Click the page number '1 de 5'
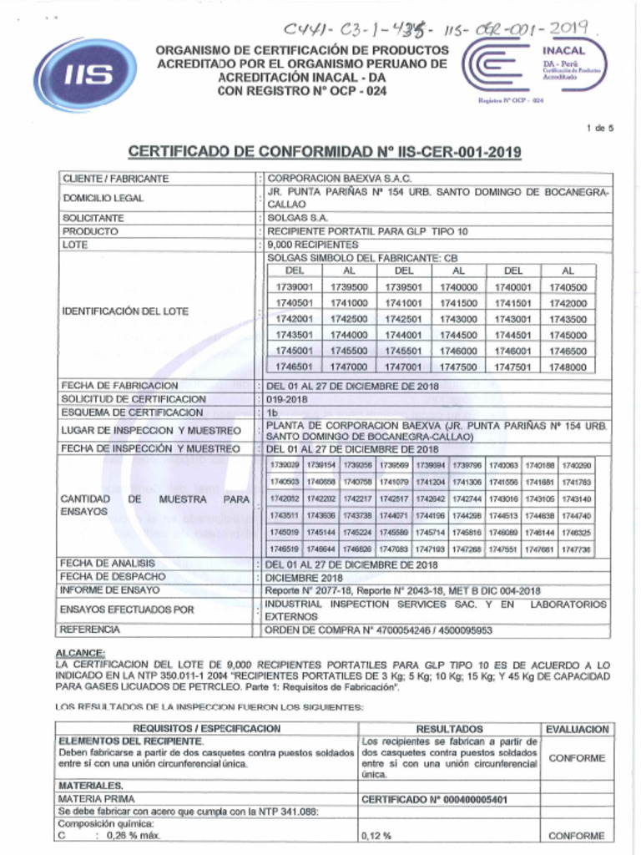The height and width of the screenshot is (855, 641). click(x=600, y=128)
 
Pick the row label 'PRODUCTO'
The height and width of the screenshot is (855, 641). click(x=91, y=231)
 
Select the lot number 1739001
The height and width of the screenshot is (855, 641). click(x=294, y=286)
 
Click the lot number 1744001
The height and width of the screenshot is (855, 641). click(x=403, y=334)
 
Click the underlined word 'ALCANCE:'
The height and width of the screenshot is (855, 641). click(x=80, y=652)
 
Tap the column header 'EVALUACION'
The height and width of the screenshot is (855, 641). click(x=576, y=729)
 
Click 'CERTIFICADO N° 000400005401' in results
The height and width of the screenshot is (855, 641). click(x=434, y=799)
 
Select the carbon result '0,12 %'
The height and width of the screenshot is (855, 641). click(x=377, y=836)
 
